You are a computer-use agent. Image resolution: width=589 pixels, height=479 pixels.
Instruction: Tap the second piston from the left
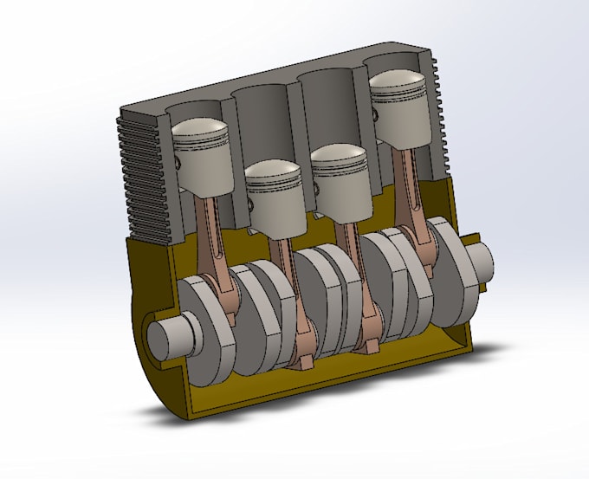pos(274,195)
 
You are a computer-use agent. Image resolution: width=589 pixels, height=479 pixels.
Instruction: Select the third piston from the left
pos(340,178)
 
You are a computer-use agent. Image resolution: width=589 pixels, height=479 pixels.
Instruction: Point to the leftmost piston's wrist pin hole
pos(179,163)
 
